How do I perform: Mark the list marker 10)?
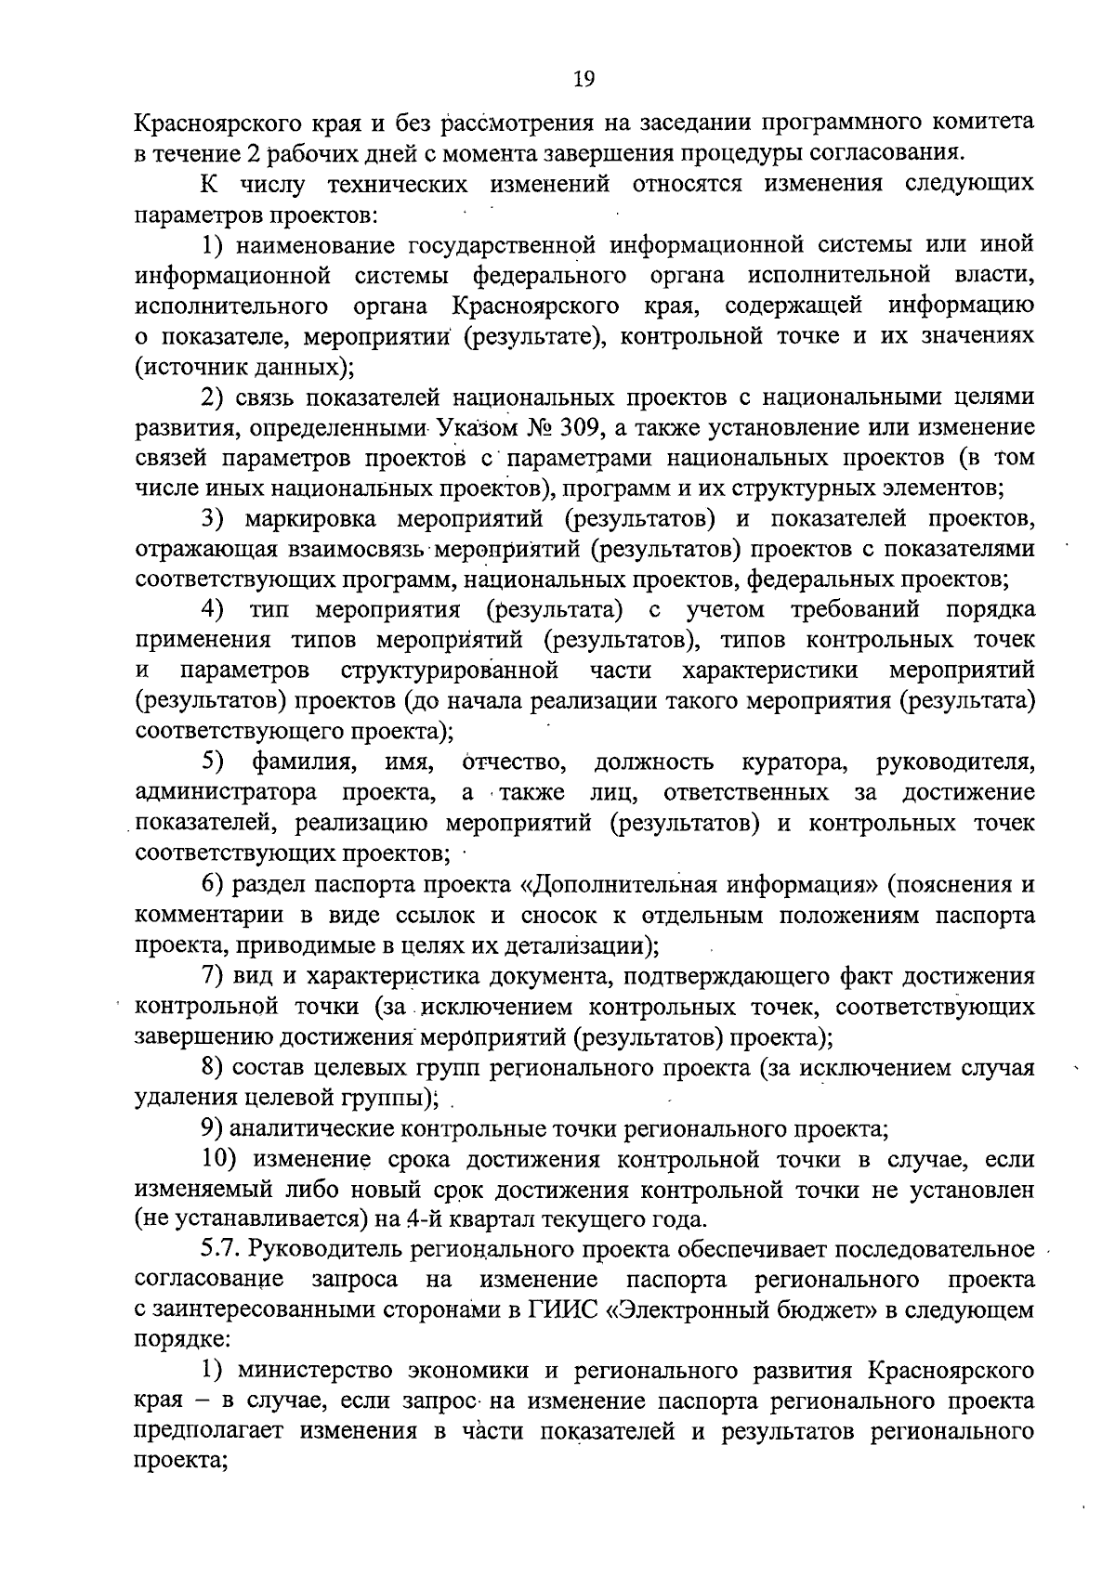pyautogui.click(x=222, y=1159)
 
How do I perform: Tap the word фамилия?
pyautogui.click(x=300, y=762)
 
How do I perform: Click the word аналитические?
pyautogui.click(x=313, y=1128)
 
